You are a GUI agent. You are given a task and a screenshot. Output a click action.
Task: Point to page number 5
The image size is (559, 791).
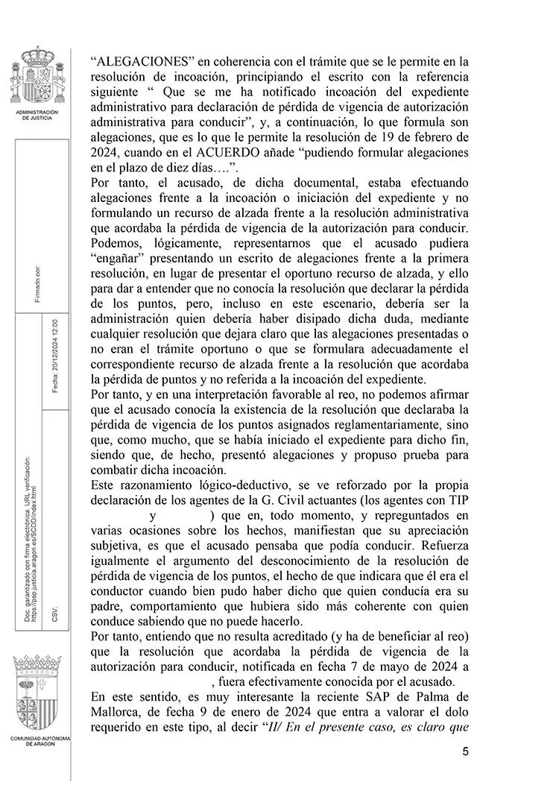coord(465,751)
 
